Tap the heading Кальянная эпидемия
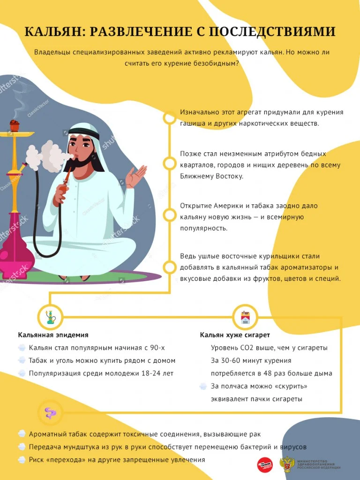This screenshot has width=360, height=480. click(53, 335)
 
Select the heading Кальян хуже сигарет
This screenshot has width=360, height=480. click(235, 335)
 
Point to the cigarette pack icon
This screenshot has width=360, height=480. click(245, 317)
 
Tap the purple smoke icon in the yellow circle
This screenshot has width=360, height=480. click(50, 412)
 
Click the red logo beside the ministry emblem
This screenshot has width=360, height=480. click(264, 464)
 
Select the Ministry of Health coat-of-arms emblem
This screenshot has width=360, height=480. click(287, 464)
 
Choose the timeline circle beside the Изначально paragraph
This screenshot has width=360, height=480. click(169, 118)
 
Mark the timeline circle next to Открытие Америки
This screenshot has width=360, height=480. click(169, 215)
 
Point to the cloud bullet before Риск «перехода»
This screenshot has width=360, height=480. click(22, 460)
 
